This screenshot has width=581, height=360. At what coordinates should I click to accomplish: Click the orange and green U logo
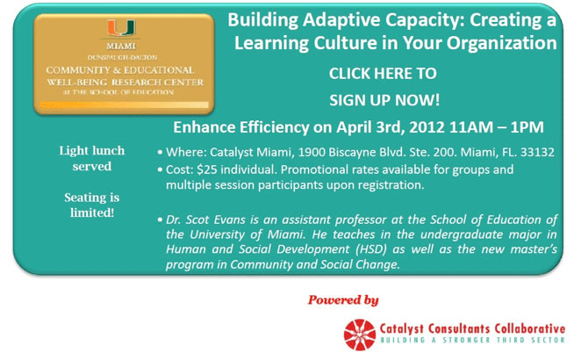pos(121,28)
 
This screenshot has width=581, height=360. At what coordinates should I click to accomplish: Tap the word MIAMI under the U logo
pos(121,47)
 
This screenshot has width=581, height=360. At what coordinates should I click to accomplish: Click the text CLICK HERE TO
pos(383,74)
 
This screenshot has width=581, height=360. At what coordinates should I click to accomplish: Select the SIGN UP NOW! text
pos(384,100)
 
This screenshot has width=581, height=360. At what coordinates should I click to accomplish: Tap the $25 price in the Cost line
pos(207,169)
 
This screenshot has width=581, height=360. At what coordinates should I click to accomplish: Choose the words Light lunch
pos(92,151)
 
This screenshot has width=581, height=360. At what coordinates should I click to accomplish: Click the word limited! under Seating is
pos(92,212)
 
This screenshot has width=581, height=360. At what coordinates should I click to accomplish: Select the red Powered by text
pos(343,299)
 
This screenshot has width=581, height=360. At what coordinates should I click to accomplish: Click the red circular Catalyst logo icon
pos(360,335)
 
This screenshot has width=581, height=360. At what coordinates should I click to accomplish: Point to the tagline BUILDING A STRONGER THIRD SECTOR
pos(473,340)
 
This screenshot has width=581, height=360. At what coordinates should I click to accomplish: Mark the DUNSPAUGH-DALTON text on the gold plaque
pos(122,57)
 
